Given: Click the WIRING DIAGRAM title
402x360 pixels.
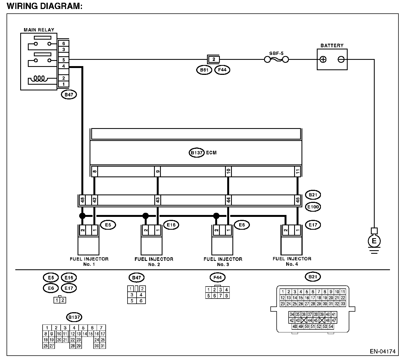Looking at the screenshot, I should click(45, 6).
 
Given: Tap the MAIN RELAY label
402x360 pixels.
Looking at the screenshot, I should click(39, 30).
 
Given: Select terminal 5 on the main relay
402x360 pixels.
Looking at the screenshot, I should click(63, 60).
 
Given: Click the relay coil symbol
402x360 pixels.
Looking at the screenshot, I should click(39, 79).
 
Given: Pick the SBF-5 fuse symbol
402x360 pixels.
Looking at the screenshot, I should click(276, 59).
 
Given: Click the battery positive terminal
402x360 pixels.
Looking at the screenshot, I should click(323, 59).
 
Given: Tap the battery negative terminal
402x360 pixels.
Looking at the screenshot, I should click(341, 59).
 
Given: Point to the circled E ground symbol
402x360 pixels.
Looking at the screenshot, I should click(374, 241).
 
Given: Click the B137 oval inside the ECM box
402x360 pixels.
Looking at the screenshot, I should click(196, 152).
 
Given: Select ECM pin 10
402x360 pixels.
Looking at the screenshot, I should click(229, 172).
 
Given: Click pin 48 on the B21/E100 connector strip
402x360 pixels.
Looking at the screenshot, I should click(82, 200).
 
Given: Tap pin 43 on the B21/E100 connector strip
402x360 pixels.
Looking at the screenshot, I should click(158, 200).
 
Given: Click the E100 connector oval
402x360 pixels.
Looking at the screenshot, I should click(313, 207).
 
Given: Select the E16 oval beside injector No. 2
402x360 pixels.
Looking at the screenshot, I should click(171, 225).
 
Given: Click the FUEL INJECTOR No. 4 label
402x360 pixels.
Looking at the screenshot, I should click(292, 261).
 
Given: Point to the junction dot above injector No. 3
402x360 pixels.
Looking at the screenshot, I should click(216, 216).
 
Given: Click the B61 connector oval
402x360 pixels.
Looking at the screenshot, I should click(204, 70).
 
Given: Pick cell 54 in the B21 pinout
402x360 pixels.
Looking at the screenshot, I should click(331, 326).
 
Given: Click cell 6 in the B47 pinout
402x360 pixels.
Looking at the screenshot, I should click(141, 301).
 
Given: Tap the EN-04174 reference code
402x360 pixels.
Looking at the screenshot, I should click(383, 352).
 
